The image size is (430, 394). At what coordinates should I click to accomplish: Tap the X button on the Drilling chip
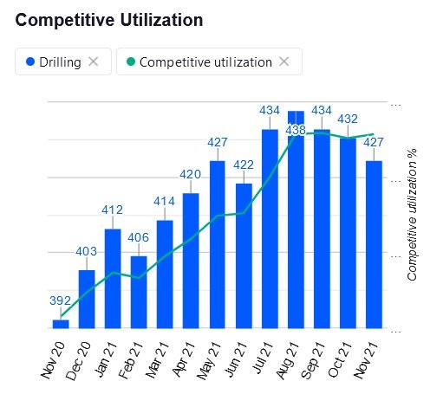[94, 61]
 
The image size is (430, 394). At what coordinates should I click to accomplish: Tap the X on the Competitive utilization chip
[284, 61]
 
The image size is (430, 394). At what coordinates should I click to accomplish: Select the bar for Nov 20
[61, 324]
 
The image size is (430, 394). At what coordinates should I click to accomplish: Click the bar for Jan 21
[113, 279]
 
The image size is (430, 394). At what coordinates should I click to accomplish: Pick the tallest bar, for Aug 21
[296, 220]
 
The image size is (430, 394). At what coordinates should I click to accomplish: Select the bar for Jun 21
[244, 255]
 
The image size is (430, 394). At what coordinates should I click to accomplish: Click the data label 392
[60, 300]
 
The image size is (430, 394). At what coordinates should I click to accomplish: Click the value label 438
[296, 130]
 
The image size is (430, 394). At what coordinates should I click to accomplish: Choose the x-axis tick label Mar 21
[156, 358]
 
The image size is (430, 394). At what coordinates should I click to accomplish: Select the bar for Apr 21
[191, 261]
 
